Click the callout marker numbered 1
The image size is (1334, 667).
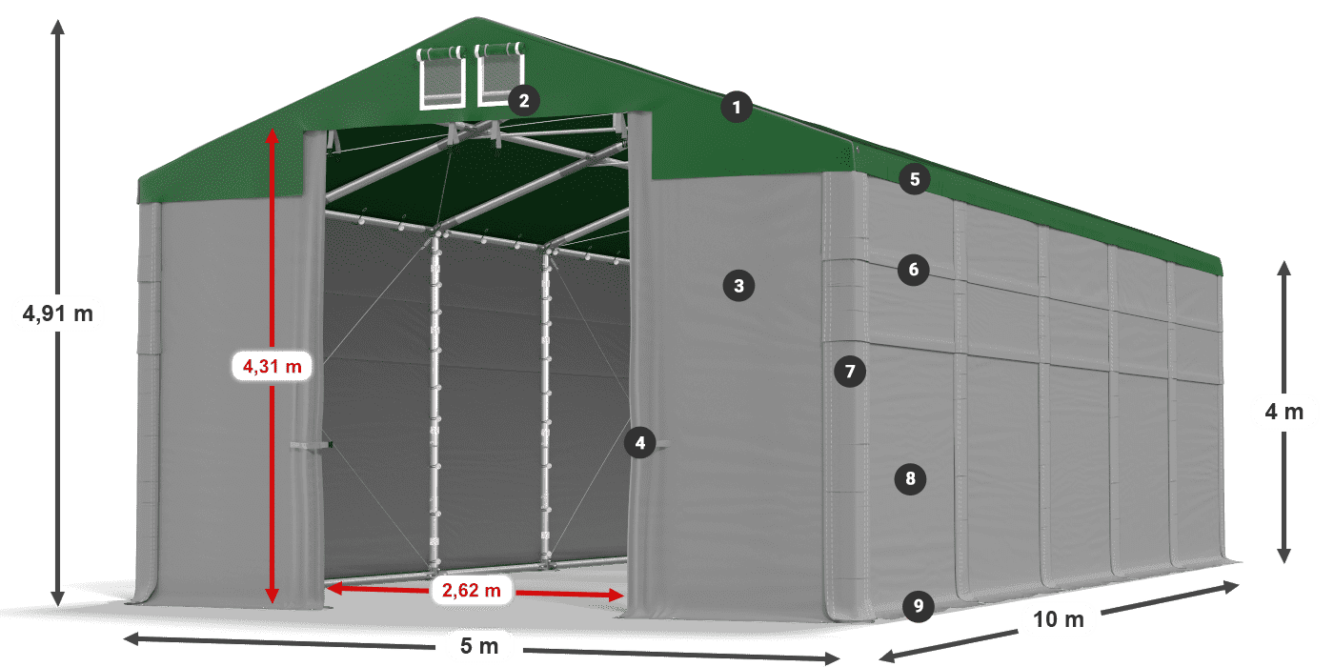pos(737,107)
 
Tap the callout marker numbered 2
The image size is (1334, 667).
pos(524,100)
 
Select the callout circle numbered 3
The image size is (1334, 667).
pos(739,286)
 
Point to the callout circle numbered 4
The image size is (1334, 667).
pos(640,442)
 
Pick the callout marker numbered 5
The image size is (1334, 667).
pos(915,179)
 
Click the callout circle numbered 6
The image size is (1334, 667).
pos(914,270)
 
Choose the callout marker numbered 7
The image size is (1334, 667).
pos(850,372)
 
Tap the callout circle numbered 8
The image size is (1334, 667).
pos(911,478)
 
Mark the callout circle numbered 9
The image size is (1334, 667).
pos(919,606)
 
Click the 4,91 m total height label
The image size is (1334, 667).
pos(58,313)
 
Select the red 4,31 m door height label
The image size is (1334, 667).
pos(273,366)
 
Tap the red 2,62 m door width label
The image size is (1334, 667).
pos(471,590)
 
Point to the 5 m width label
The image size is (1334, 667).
pos(478,646)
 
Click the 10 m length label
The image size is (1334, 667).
pos(1059,619)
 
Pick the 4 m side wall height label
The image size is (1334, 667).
pos(1284,412)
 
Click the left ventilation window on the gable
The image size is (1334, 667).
pos(441,77)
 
